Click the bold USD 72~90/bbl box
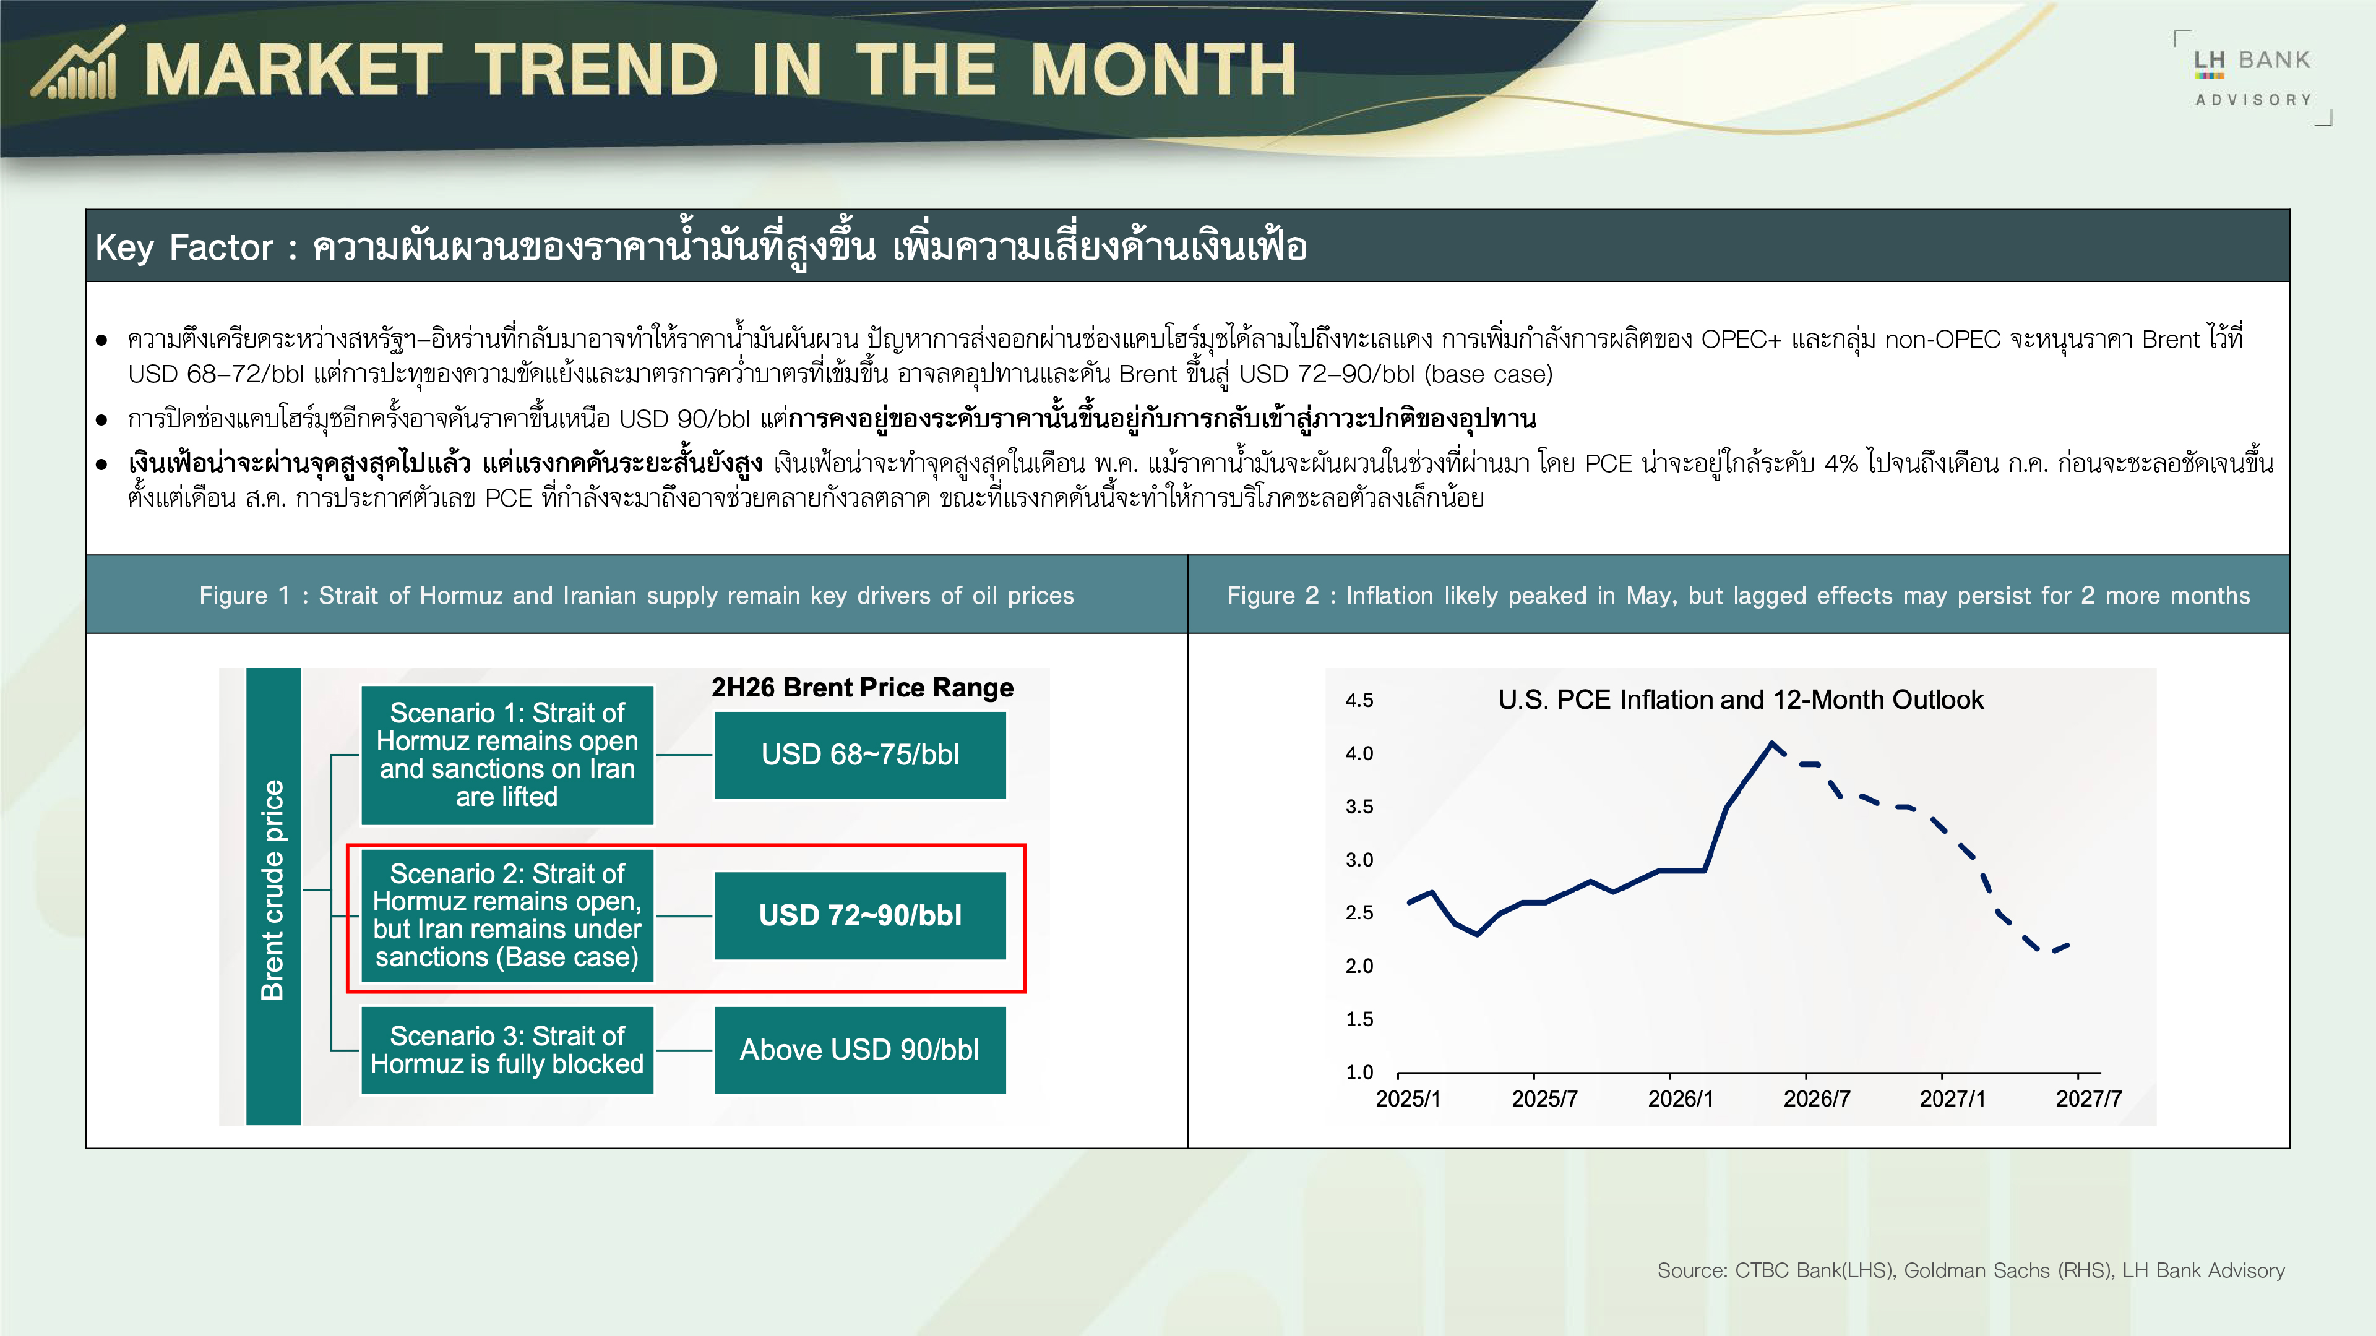859,915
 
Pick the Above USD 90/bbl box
859,1050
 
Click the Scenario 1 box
507,755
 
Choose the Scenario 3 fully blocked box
507,1050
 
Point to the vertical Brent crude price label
273,890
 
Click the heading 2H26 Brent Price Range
863,688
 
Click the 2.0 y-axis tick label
1359,966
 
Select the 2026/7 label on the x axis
1816,1099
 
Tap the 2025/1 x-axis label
1408,1099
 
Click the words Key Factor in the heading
184,247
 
